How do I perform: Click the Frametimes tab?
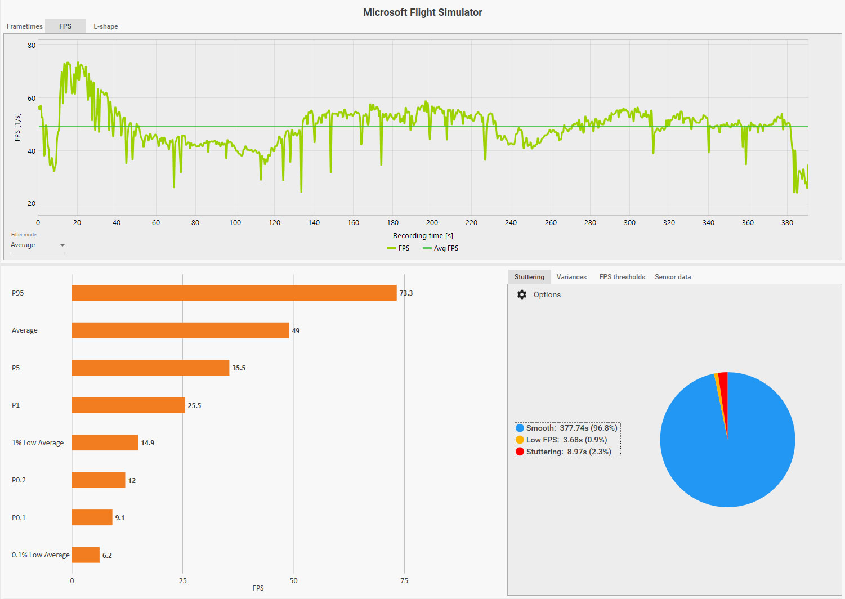pos(25,26)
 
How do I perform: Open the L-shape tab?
pos(106,26)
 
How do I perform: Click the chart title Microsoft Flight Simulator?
pos(422,12)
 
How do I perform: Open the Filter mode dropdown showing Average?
pos(38,245)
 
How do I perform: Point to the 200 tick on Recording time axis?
pos(432,223)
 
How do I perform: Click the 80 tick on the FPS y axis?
pos(32,46)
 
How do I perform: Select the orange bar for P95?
pos(234,293)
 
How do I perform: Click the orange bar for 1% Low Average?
pos(105,442)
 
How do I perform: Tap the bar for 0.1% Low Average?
pos(86,555)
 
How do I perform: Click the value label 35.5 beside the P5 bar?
pos(239,368)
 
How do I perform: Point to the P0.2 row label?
pos(19,480)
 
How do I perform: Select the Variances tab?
pos(571,277)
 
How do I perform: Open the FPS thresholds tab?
pos(622,277)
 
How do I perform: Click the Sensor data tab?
pos(673,277)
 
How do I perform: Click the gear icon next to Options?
pos(522,294)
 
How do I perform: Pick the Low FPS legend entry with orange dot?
pos(566,440)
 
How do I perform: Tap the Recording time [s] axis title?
pos(423,236)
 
